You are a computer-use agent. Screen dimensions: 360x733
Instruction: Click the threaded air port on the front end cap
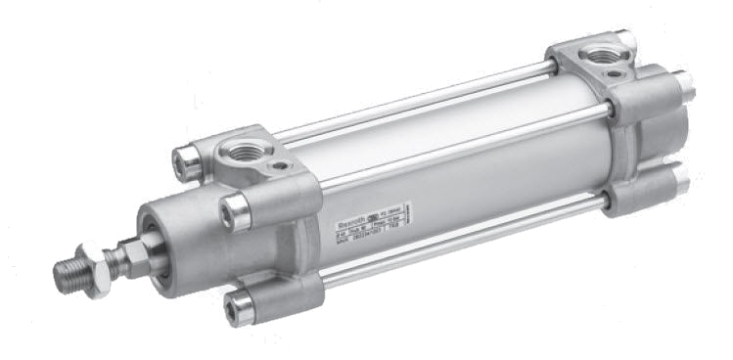pos(240,152)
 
